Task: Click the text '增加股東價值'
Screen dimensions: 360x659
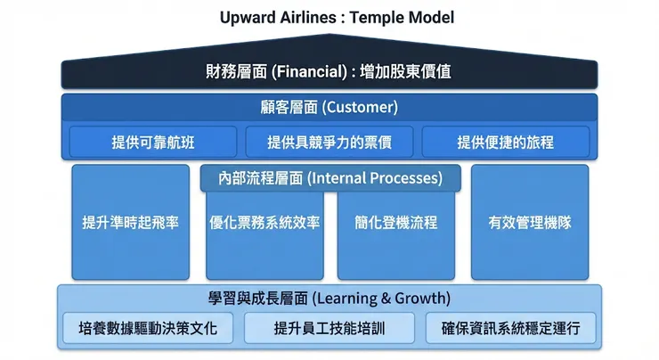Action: pos(407,71)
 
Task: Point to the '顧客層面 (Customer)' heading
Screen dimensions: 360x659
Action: pos(329,108)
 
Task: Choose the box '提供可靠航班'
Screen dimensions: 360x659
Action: pos(153,142)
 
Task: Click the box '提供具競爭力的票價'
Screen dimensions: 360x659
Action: pos(329,142)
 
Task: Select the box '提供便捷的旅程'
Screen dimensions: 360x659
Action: pos(505,142)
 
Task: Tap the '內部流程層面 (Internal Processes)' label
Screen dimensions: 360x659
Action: pos(330,178)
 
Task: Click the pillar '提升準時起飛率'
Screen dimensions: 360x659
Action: pos(130,223)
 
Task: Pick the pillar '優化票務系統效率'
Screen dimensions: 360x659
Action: pos(264,223)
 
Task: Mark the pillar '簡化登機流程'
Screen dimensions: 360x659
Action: pos(395,223)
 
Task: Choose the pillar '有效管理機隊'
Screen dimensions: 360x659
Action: pos(530,223)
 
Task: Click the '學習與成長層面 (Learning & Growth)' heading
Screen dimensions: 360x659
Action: pos(329,298)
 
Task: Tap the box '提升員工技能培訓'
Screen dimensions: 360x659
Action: pos(329,328)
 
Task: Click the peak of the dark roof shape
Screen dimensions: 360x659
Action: pos(329,37)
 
